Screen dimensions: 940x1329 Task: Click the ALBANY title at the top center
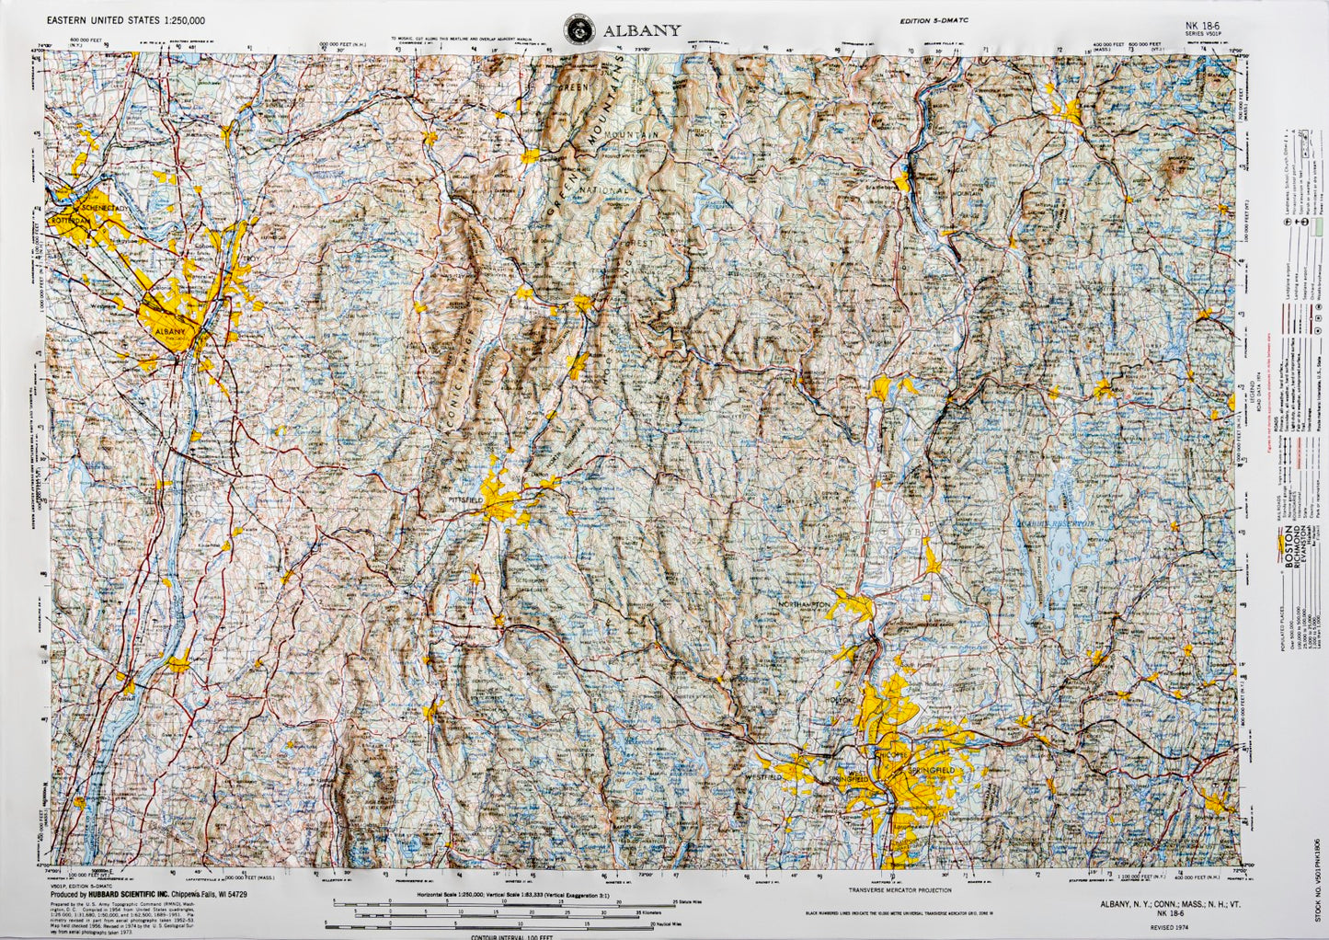(x=642, y=30)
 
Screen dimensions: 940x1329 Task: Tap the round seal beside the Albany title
(x=578, y=29)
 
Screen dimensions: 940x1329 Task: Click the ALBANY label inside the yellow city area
(x=170, y=331)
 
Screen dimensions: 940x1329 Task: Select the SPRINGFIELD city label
(x=931, y=768)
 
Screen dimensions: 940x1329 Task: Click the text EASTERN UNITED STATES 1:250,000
(x=126, y=19)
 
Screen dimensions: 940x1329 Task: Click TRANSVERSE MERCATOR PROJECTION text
(x=899, y=890)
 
